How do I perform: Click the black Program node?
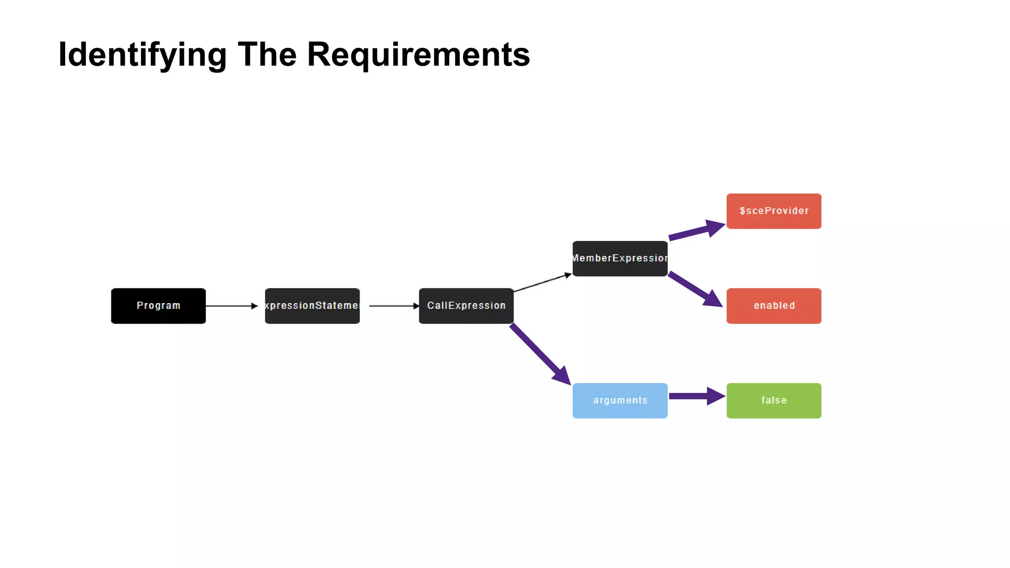pyautogui.click(x=158, y=306)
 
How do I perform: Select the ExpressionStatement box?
pyautogui.click(x=312, y=306)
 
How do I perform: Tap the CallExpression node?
pyautogui.click(x=466, y=306)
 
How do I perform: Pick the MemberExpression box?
pyautogui.click(x=620, y=258)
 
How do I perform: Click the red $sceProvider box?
pyautogui.click(x=774, y=211)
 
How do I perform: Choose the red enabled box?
pyautogui.click(x=774, y=306)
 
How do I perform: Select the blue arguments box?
pyautogui.click(x=620, y=400)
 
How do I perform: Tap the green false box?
pyautogui.click(x=774, y=400)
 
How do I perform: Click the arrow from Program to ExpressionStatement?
pyautogui.click(x=231, y=306)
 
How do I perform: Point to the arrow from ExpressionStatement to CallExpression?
pyautogui.click(x=393, y=306)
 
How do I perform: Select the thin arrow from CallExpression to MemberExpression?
pyautogui.click(x=542, y=283)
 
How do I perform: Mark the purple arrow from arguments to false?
pyautogui.click(x=690, y=396)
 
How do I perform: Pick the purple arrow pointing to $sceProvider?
pyautogui.click(x=693, y=232)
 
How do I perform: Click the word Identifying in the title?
pyautogui.click(x=142, y=54)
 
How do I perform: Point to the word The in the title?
pyautogui.click(x=267, y=54)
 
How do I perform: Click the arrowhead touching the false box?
pyautogui.click(x=716, y=396)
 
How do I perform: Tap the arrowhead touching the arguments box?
pyautogui.click(x=562, y=376)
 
